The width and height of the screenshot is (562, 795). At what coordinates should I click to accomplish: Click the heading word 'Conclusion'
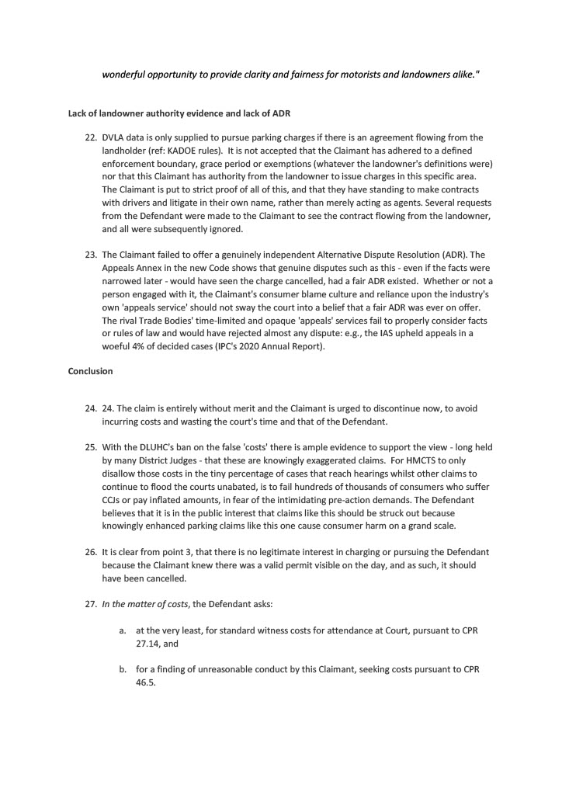pos(90,371)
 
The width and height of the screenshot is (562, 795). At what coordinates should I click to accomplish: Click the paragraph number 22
pos(90,137)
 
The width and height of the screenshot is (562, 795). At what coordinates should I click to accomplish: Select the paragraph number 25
pos(90,447)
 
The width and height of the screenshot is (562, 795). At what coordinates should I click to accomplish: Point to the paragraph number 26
pos(90,552)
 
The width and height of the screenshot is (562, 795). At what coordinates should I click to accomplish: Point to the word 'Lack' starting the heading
pos(78,114)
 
